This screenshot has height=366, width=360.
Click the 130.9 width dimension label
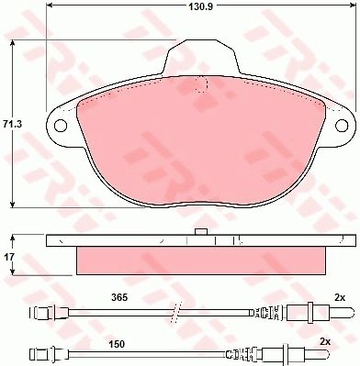click(200, 6)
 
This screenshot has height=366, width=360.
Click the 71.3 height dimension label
click(12, 124)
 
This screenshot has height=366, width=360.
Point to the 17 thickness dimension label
click(9, 257)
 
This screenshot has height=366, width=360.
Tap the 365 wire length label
click(119, 297)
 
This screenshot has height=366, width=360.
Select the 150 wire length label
click(117, 344)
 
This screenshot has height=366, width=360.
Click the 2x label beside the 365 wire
click(340, 297)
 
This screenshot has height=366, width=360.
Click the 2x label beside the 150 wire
click(325, 342)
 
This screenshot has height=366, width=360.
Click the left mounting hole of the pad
click(61, 125)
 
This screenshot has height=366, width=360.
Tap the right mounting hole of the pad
click(342, 126)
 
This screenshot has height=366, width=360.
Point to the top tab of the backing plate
click(201, 57)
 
